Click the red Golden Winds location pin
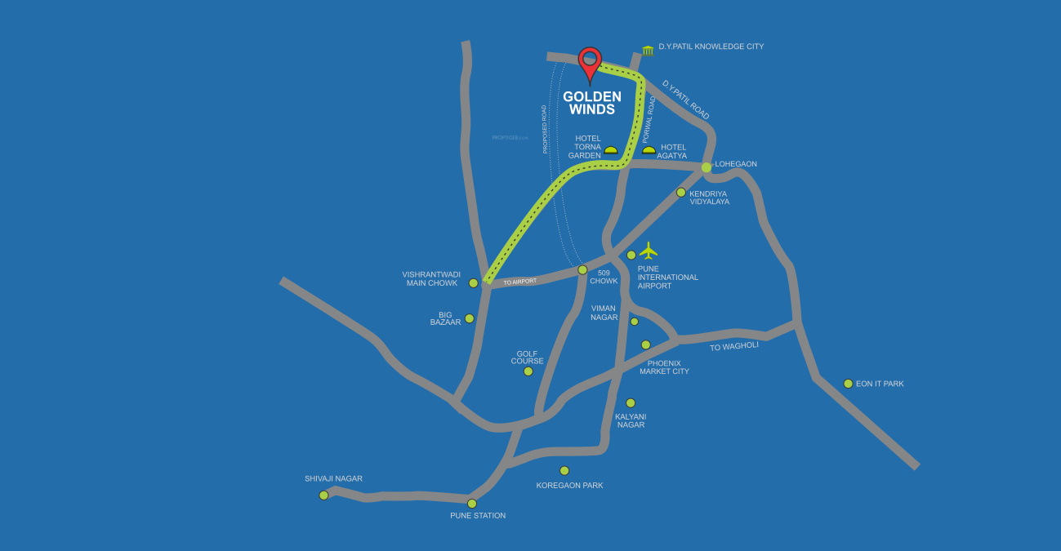[590, 63]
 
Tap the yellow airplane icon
[649, 250]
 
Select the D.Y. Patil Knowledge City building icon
[648, 51]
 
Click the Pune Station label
[478, 515]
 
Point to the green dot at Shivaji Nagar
[323, 495]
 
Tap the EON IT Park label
[880, 384]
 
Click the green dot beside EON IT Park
[848, 384]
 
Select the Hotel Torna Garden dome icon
[610, 150]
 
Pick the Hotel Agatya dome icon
[649, 150]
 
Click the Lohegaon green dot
[707, 167]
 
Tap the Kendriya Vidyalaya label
[709, 198]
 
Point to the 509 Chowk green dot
[582, 269]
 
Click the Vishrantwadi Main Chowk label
[431, 278]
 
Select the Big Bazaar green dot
[469, 318]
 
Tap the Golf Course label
[527, 358]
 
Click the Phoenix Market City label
[664, 367]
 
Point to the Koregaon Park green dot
[564, 470]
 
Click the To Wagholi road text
[734, 346]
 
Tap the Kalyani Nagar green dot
[631, 402]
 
